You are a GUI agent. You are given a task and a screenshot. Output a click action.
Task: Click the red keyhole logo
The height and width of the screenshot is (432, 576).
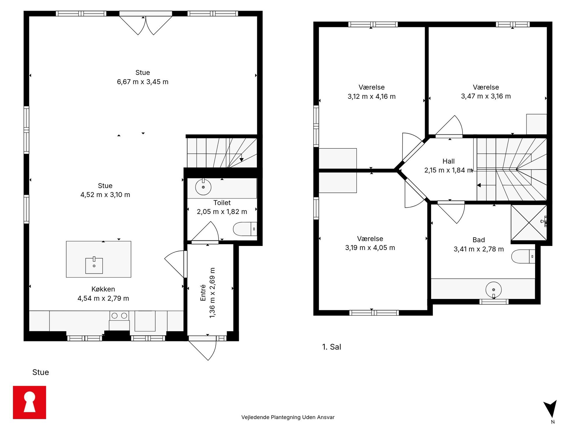(x=29, y=402)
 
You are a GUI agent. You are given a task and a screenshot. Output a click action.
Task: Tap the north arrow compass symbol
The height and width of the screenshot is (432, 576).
(x=550, y=409)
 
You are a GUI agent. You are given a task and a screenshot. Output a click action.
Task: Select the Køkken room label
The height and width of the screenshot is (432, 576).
(x=103, y=289)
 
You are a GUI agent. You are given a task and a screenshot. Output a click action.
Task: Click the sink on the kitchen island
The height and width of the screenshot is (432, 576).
(x=94, y=265)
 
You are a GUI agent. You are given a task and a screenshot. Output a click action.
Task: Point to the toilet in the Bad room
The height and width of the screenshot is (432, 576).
(x=523, y=257)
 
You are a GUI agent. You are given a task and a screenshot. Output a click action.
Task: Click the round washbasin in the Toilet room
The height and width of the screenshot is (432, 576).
(x=203, y=187)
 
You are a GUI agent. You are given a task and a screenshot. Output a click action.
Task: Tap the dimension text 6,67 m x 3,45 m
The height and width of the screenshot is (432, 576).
(x=143, y=82)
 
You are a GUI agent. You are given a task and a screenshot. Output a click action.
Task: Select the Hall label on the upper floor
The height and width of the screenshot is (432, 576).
(x=449, y=161)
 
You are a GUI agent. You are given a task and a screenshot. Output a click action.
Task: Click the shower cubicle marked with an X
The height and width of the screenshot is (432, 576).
(x=529, y=223)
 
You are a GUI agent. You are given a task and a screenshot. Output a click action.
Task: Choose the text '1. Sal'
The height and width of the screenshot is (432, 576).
(x=332, y=347)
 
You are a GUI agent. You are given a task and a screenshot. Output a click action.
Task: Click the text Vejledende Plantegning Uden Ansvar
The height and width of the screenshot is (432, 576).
(x=288, y=417)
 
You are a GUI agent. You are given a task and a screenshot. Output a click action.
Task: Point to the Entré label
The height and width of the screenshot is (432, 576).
(x=203, y=293)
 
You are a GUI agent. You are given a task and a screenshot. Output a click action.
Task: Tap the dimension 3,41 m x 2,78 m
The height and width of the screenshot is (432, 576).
(x=479, y=249)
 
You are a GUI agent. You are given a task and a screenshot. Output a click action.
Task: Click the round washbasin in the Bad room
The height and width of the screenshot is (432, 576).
(x=494, y=290)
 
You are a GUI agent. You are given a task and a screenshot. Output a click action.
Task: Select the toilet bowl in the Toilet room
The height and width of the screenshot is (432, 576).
(x=245, y=229)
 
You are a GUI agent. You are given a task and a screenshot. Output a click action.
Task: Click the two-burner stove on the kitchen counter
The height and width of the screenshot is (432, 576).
(x=119, y=316)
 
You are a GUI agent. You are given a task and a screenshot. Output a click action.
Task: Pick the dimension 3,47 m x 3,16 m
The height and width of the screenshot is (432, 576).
(x=486, y=96)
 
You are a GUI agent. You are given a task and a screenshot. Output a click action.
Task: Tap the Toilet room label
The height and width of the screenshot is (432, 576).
(x=222, y=203)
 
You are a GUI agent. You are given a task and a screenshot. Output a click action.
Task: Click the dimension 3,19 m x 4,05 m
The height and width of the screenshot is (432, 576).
(x=370, y=248)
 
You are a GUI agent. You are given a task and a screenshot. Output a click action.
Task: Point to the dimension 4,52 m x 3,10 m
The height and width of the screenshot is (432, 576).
(x=105, y=195)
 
